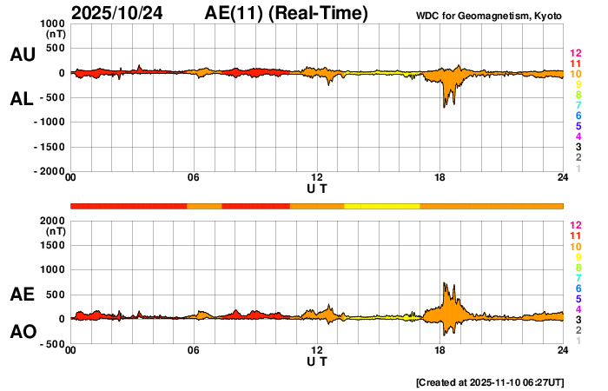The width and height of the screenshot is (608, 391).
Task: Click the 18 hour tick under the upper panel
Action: click(440, 178)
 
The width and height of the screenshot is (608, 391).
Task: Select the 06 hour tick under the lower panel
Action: click(194, 351)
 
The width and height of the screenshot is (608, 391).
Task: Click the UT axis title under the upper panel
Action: click(317, 189)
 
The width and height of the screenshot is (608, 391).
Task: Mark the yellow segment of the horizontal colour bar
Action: click(382, 206)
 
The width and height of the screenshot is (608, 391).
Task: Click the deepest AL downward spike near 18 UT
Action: click(444, 106)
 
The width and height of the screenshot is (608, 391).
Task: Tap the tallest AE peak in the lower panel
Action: click(444, 283)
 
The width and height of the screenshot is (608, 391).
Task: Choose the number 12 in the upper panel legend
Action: click(575, 54)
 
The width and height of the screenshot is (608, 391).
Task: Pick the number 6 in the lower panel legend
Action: click(578, 288)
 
